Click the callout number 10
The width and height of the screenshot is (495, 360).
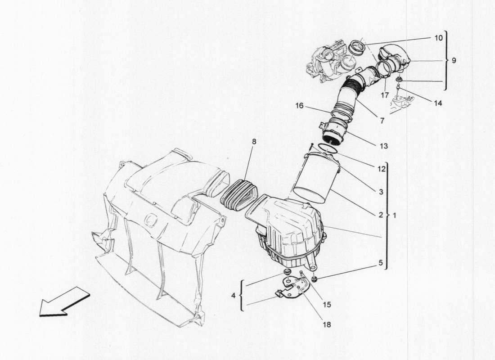pyautogui.click(x=439, y=38)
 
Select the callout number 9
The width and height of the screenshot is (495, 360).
pyautogui.click(x=454, y=60)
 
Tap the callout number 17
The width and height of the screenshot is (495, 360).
pyautogui.click(x=384, y=95)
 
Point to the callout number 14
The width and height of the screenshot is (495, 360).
pyautogui.click(x=438, y=103)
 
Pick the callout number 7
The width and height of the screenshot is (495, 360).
pyautogui.click(x=381, y=121)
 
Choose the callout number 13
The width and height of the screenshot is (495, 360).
pyautogui.click(x=384, y=146)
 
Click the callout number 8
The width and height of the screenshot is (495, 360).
pyautogui.click(x=254, y=141)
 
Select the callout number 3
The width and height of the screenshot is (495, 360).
pyautogui.click(x=381, y=192)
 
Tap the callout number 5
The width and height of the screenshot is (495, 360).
pyautogui.click(x=381, y=262)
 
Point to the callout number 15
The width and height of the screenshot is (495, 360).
pyautogui.click(x=327, y=305)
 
